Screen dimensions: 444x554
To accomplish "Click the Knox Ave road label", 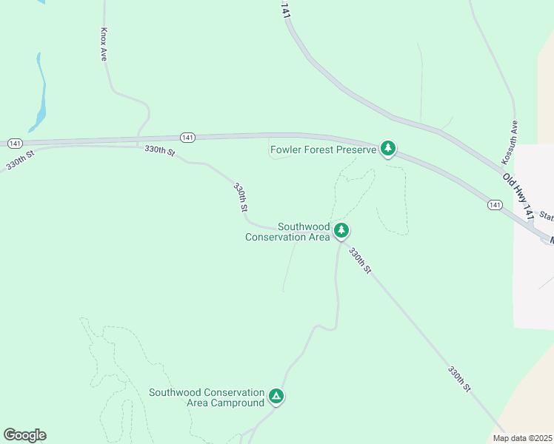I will (x=104, y=44).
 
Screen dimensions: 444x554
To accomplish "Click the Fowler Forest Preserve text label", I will (x=324, y=149).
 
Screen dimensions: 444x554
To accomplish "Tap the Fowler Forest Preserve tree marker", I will (x=387, y=148).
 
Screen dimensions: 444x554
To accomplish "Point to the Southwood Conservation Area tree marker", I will (x=341, y=230).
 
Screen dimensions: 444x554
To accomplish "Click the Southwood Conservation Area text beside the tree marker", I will (x=287, y=232).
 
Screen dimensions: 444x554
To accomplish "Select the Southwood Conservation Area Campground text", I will (x=207, y=397).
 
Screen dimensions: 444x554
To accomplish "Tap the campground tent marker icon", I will (x=276, y=397).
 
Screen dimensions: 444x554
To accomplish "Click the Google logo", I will (x=24, y=435).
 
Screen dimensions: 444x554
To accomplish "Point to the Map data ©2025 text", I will (x=521, y=438).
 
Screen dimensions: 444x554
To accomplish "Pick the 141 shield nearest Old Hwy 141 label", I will (x=495, y=204).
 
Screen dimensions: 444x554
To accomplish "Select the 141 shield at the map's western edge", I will (x=15, y=142).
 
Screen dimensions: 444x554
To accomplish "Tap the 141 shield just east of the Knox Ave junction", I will (x=188, y=138).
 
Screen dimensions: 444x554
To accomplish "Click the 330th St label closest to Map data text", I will (x=458, y=378).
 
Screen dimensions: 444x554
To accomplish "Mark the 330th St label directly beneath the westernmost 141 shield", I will (x=21, y=161).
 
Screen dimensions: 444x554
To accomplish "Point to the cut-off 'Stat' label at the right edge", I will (x=547, y=216).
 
